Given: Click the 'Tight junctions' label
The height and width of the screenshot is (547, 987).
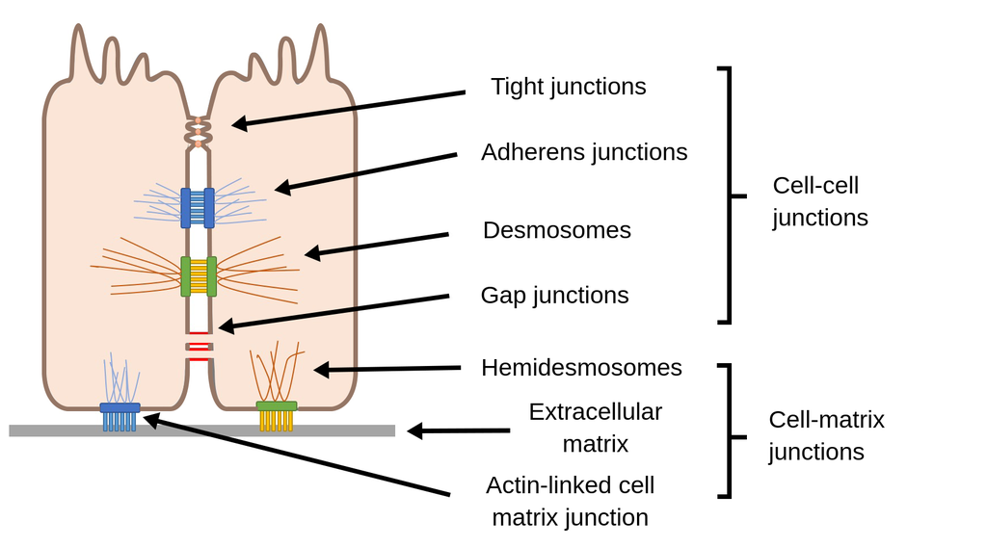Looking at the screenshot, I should [568, 87].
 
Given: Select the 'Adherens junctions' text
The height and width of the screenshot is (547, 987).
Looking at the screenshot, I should [584, 152].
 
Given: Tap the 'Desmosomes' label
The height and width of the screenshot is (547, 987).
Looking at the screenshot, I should [556, 230].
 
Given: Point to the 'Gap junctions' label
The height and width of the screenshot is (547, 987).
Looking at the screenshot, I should [554, 295].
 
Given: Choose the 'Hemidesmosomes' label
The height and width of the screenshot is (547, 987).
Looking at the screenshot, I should [581, 368].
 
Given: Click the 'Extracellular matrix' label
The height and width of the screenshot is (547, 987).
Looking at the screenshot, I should [595, 428].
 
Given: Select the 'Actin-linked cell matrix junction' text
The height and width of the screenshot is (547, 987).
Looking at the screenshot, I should [570, 501].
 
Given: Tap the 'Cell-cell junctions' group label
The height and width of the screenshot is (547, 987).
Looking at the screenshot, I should [819, 201].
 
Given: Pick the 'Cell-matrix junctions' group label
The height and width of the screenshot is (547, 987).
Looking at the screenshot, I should [826, 435].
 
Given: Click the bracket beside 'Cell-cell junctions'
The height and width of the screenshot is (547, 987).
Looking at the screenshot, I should [730, 195].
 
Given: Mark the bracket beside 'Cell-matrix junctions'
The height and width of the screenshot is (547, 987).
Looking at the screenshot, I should [730, 431].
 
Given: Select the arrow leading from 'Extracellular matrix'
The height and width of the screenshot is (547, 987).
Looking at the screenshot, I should [458, 431].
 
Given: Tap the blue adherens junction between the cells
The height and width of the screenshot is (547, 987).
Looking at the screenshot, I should [198, 208].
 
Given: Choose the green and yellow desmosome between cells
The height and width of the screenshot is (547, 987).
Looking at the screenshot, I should [199, 276].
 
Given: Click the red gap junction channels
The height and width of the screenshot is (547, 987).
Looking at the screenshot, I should [199, 347].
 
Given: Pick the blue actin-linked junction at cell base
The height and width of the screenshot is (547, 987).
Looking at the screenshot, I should [120, 416].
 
